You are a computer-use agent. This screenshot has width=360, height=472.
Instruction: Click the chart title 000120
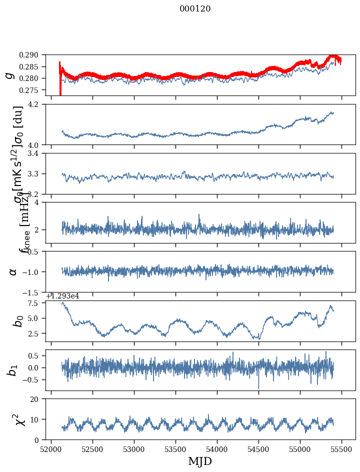point(195,9)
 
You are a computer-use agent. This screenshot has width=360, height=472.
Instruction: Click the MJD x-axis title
point(200,461)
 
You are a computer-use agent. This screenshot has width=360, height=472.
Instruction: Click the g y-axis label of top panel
point(9,75)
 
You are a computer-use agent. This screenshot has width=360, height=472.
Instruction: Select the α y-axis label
point(13,271)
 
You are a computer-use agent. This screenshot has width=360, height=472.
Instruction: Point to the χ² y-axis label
point(13,419)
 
